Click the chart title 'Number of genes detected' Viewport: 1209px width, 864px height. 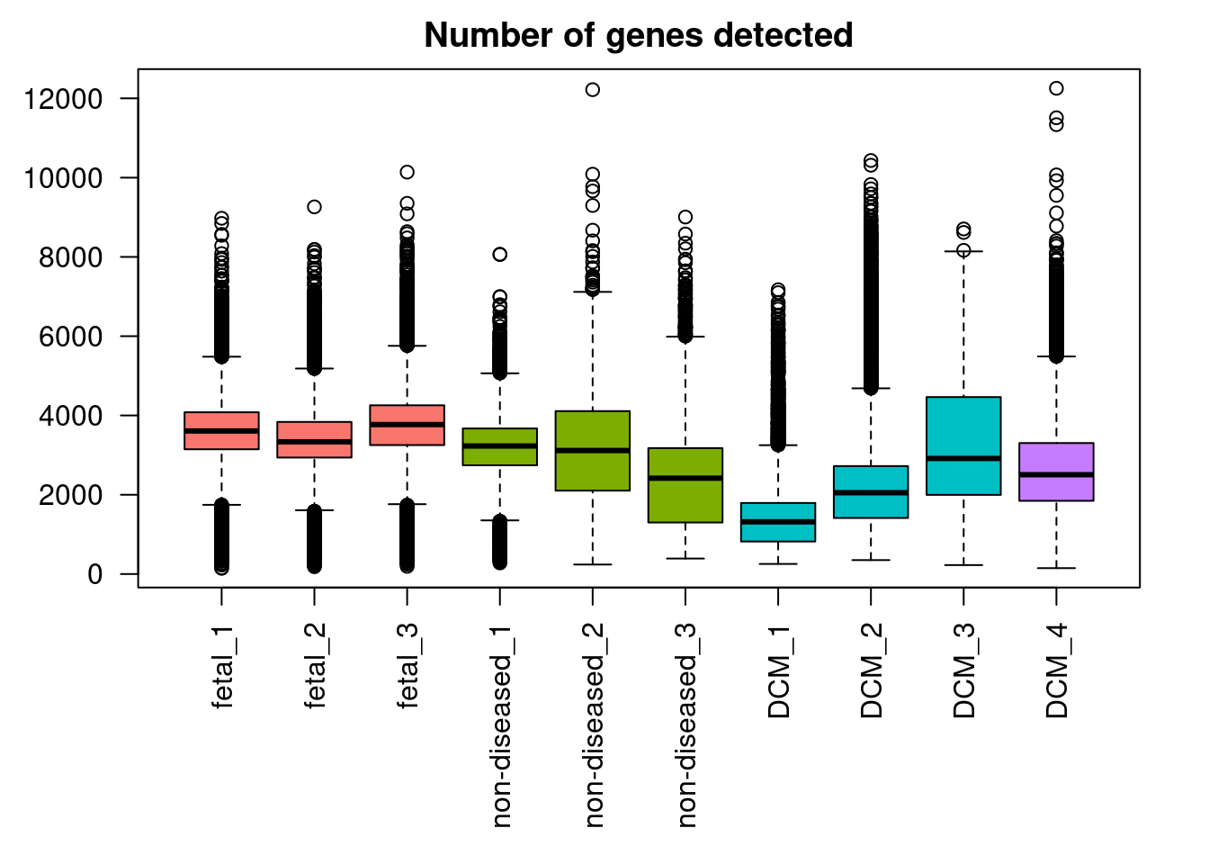[x=638, y=35]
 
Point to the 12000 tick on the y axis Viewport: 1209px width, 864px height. [x=63, y=99]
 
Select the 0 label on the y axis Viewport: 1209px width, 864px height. [x=95, y=574]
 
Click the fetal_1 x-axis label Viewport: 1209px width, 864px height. [x=222, y=667]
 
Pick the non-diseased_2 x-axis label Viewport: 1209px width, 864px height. [x=593, y=724]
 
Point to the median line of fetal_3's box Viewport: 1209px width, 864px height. [x=407, y=424]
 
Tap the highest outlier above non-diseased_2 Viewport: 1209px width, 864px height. [x=593, y=90]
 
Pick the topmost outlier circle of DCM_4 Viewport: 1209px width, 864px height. [x=1056, y=88]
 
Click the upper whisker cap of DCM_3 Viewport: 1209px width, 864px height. [x=963, y=252]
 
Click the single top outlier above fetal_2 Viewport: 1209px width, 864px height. [x=315, y=207]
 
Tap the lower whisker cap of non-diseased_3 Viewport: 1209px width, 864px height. [x=685, y=558]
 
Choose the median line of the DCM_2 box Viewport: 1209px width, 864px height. [x=871, y=492]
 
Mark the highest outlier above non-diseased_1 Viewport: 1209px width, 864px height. [x=500, y=255]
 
